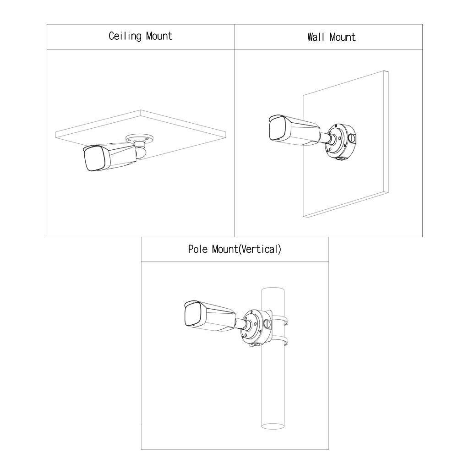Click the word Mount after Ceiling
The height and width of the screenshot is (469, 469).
click(159, 36)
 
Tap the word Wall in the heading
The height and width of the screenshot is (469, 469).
click(316, 37)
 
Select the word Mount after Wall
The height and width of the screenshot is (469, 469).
click(342, 37)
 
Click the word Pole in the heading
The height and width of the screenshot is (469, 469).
click(198, 249)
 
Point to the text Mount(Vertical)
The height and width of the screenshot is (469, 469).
click(246, 249)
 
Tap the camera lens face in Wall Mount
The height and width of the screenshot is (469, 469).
click(277, 130)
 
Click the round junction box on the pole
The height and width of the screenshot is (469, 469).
click(256, 326)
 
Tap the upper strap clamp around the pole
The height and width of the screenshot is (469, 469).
click(280, 321)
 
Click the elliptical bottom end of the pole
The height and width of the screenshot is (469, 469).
click(273, 425)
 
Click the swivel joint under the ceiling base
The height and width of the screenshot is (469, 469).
click(140, 150)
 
